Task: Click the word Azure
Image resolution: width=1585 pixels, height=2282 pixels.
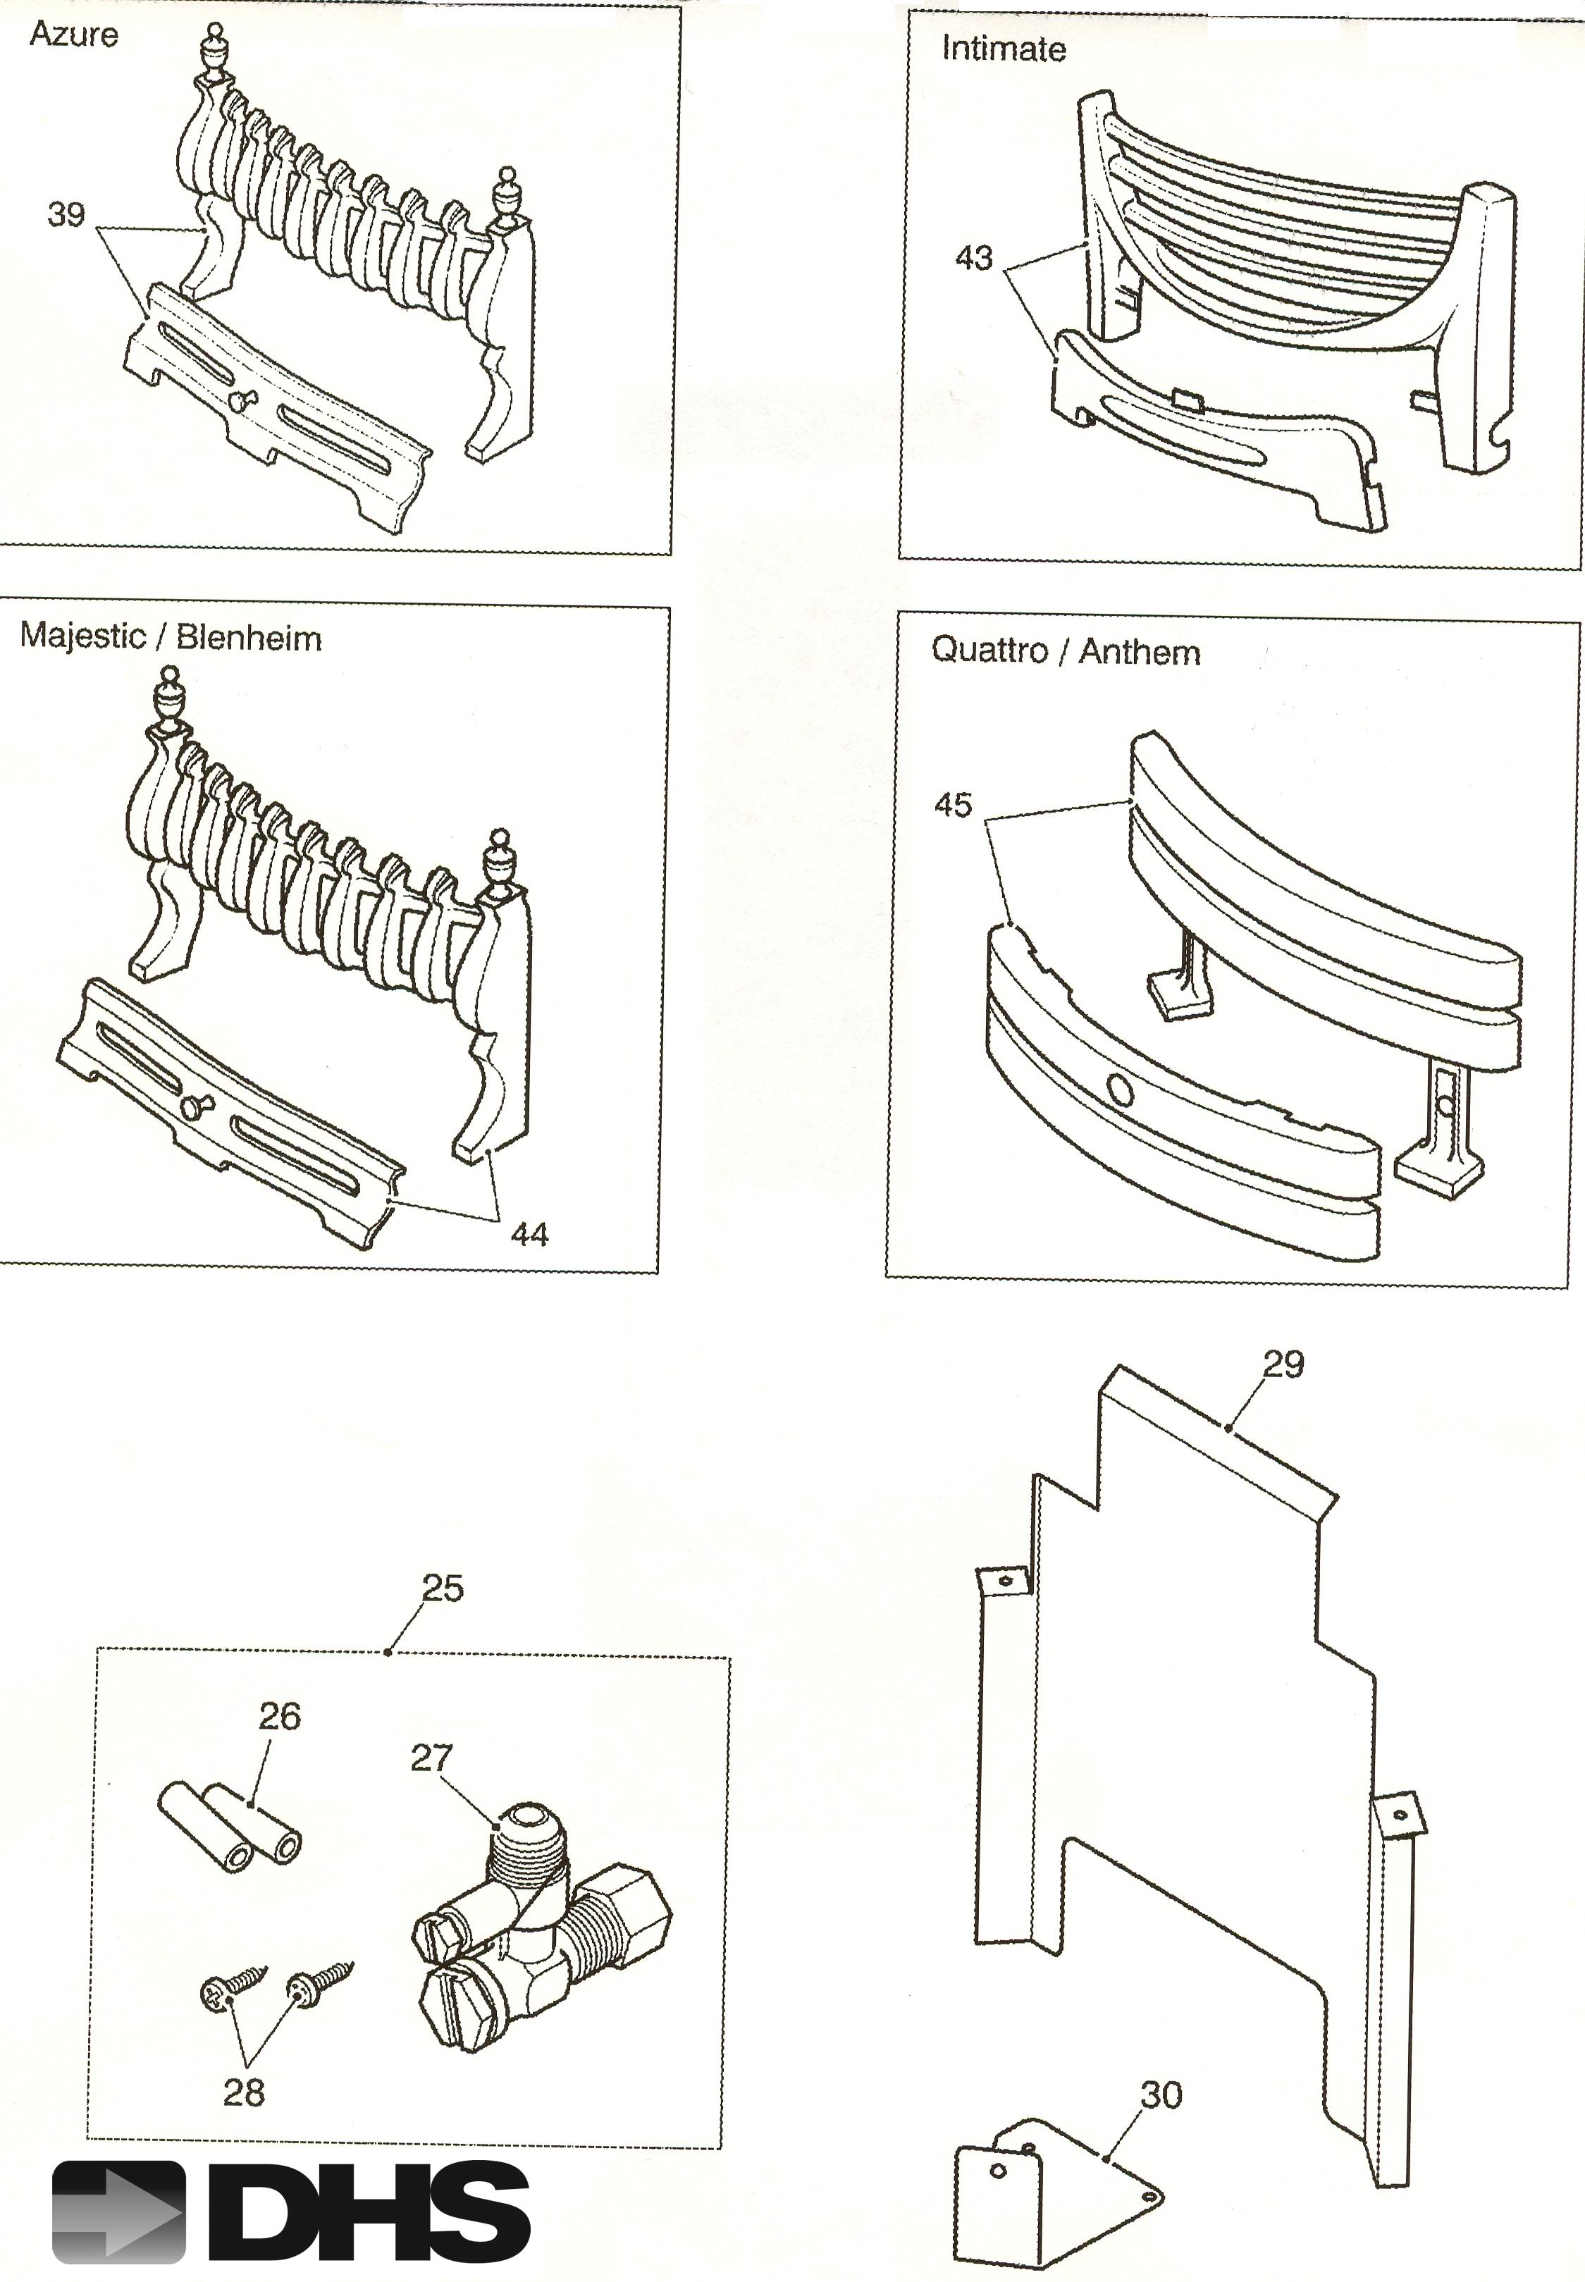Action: click(x=73, y=35)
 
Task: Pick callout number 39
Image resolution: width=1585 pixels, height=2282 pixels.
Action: click(x=66, y=214)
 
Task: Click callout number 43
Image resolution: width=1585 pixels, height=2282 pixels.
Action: click(x=973, y=258)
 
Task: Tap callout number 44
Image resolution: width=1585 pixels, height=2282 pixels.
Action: click(x=529, y=1234)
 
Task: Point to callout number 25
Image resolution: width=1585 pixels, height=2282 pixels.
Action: click(x=442, y=1588)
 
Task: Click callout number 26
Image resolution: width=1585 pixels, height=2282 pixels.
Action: click(x=279, y=1716)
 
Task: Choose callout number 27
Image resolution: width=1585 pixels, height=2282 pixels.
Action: click(x=431, y=1758)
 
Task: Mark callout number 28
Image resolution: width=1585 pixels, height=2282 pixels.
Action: click(x=243, y=2092)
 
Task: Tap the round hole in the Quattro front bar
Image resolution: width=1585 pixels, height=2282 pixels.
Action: click(x=1119, y=1092)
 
